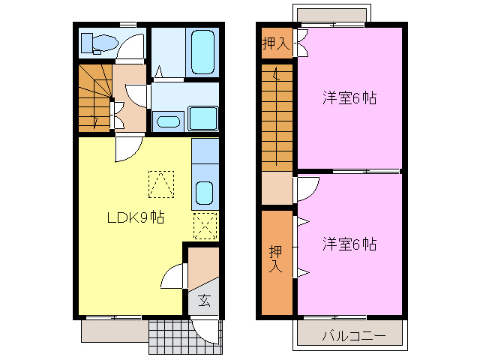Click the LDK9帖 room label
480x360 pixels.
pyautogui.click(x=136, y=217)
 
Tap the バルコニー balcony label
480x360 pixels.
pyautogui.click(x=354, y=336)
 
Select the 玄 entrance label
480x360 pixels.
pyautogui.click(x=204, y=300)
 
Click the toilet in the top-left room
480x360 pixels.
pyautogui.click(x=100, y=43)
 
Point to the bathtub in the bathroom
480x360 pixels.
pyautogui.click(x=202, y=52)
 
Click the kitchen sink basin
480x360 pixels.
pyautogui.click(x=204, y=193)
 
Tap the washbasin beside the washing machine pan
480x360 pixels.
pyautogui.click(x=168, y=121)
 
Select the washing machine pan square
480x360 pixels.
pyautogui.click(x=203, y=118)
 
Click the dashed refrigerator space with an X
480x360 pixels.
pyautogui.click(x=205, y=226)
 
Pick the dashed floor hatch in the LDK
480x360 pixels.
pyautogui.click(x=161, y=184)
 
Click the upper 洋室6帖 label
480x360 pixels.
pyautogui.click(x=349, y=98)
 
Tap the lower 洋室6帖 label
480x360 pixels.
pyautogui.click(x=349, y=244)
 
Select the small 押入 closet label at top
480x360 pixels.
pyautogui.click(x=276, y=43)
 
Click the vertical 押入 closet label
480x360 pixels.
pyautogui.click(x=275, y=259)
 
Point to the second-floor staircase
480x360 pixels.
pyautogui.click(x=277, y=118)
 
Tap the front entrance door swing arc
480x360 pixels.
pyautogui.click(x=205, y=333)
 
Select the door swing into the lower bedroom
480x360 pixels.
pyautogui.click(x=307, y=190)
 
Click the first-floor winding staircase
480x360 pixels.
pyautogui.click(x=95, y=98)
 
